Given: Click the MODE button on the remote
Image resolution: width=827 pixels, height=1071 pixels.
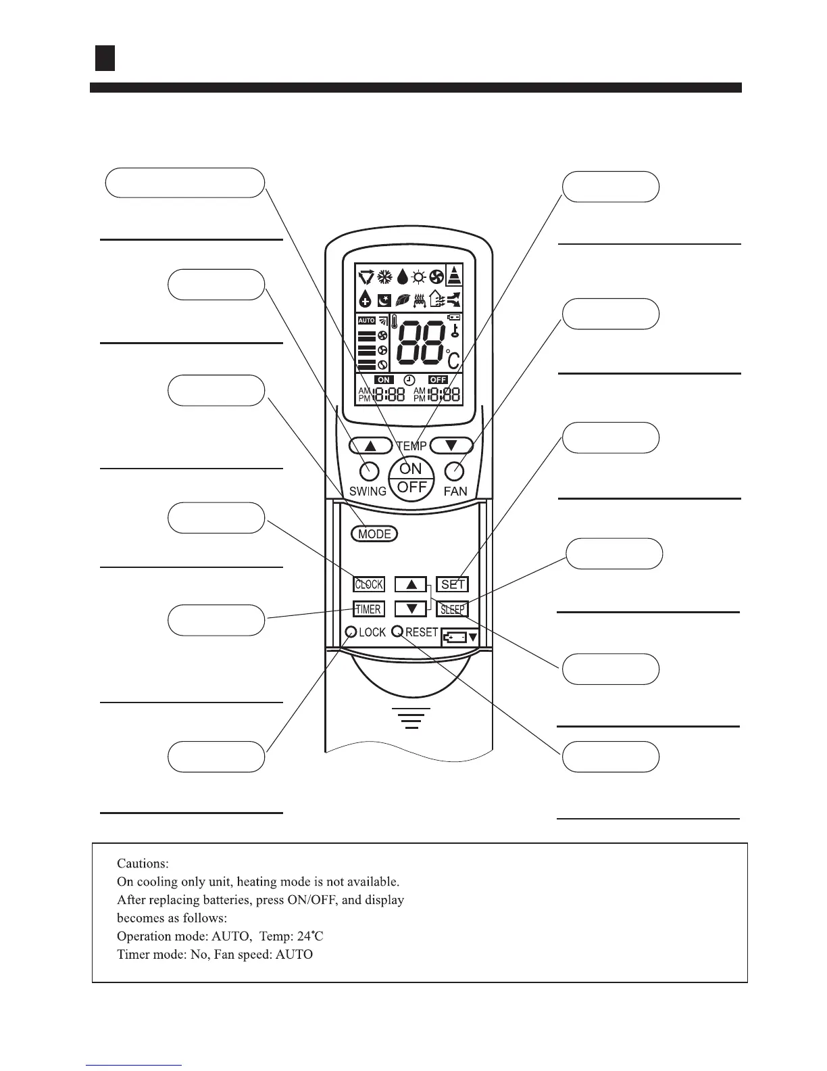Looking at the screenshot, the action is click(375, 534).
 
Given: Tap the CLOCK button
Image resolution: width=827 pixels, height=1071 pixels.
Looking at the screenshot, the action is click(369, 584).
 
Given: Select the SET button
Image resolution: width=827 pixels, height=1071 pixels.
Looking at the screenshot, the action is click(453, 584).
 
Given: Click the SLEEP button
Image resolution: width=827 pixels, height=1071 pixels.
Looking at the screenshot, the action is click(452, 609).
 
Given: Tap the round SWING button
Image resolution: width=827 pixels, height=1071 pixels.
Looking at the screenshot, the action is click(370, 471).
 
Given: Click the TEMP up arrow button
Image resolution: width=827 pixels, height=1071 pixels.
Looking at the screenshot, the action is click(370, 446).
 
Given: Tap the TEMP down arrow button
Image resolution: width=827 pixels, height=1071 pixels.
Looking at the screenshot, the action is click(451, 446).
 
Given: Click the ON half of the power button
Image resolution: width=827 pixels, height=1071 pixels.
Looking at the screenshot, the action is click(411, 469).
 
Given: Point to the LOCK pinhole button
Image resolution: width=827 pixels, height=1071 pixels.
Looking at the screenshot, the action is click(351, 632).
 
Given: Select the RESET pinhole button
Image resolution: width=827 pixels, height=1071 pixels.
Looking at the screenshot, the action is click(397, 632).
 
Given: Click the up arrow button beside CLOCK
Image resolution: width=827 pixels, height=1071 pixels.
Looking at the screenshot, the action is click(411, 584).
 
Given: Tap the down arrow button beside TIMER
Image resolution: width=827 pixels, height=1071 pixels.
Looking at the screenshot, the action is click(411, 609).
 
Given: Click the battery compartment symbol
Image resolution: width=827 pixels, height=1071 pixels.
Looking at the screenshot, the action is click(460, 637).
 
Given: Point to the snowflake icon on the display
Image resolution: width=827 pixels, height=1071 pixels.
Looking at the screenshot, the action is click(384, 277).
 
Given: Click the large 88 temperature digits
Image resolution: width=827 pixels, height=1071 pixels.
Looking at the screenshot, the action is click(422, 343).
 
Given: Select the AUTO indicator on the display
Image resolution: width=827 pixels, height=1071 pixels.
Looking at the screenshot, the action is click(366, 320).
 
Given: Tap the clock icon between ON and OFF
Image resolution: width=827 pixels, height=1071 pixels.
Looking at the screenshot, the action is click(409, 380).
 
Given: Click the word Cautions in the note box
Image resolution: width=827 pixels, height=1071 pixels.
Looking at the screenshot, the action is click(142, 863).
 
